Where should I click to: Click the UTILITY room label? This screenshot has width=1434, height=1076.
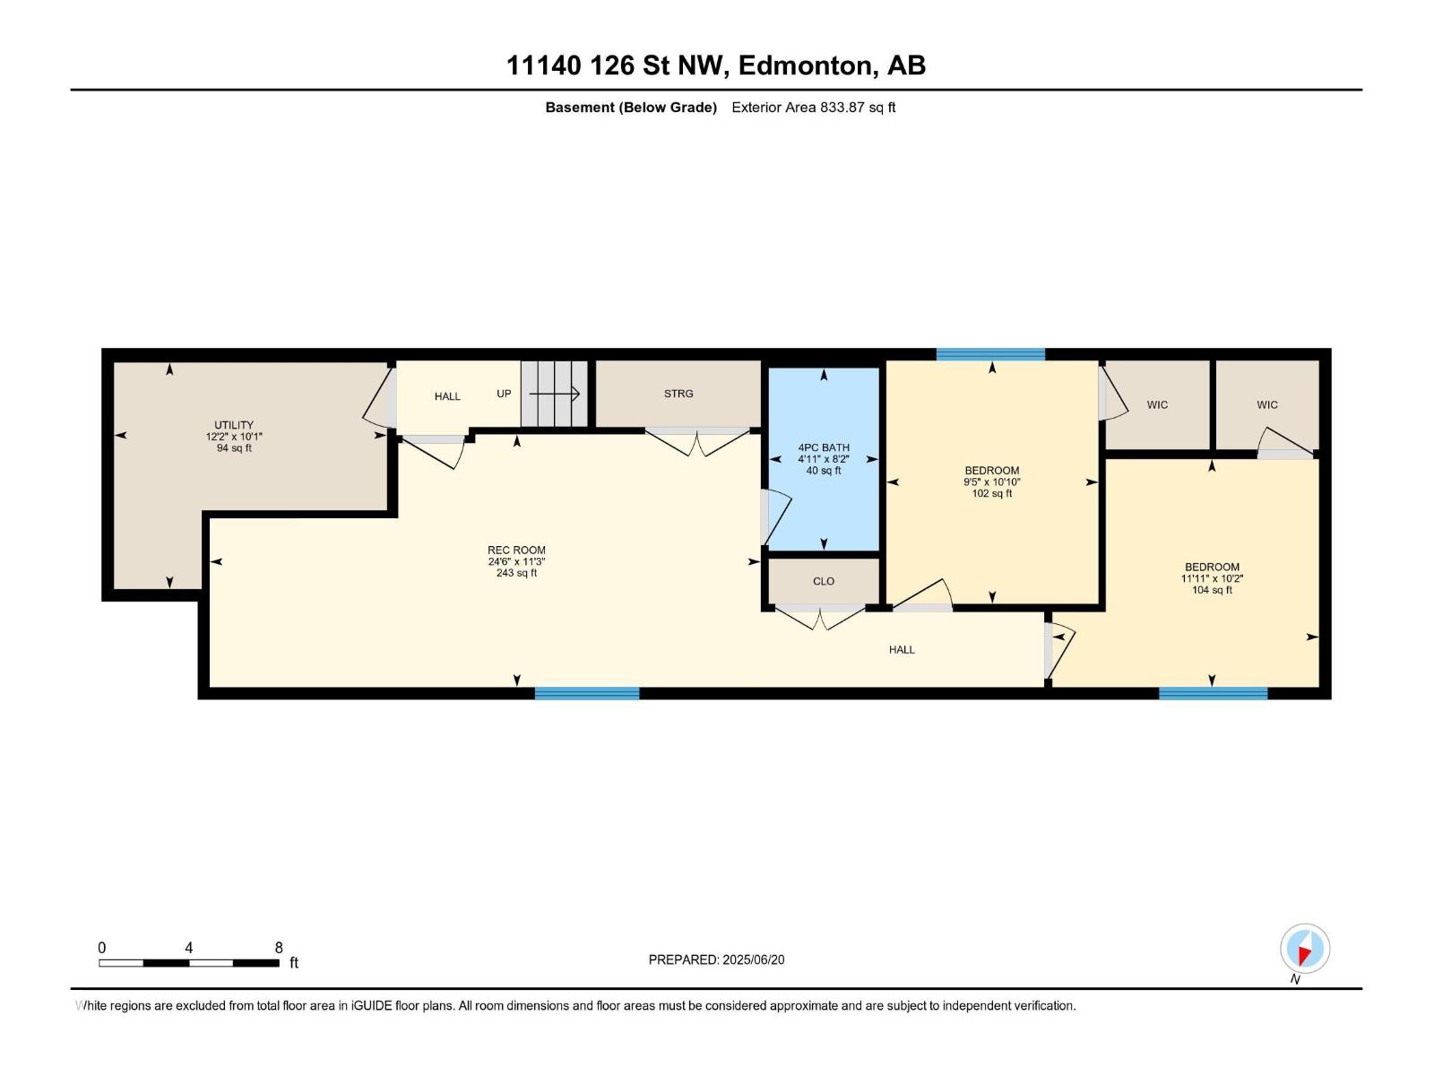pos(234,425)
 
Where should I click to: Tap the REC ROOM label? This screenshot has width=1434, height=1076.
pos(516,551)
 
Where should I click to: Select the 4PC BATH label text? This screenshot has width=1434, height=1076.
pos(824,447)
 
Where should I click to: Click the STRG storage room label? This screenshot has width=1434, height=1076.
pos(678,394)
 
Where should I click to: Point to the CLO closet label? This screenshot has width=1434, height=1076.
pos(824,581)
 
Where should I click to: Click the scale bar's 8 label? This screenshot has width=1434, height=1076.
pos(279,948)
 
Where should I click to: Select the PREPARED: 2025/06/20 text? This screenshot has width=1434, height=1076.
pos(716,959)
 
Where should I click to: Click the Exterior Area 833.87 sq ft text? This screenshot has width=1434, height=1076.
pos(813,108)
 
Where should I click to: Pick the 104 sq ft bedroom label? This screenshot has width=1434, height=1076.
pos(1212,590)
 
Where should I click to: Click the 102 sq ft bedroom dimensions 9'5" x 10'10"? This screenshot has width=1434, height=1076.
pos(992,482)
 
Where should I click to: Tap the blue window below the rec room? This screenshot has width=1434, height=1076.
pos(587,693)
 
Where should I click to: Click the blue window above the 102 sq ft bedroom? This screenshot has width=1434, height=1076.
pos(990,354)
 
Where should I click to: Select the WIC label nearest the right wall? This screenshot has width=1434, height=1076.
pos(1267,404)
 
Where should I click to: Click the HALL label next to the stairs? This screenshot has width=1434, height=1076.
pos(447,396)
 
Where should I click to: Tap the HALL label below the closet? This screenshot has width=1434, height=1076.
pos(902,649)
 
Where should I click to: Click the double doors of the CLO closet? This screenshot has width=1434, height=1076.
pos(820,617)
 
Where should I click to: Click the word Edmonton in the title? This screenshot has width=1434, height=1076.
pos(804,65)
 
